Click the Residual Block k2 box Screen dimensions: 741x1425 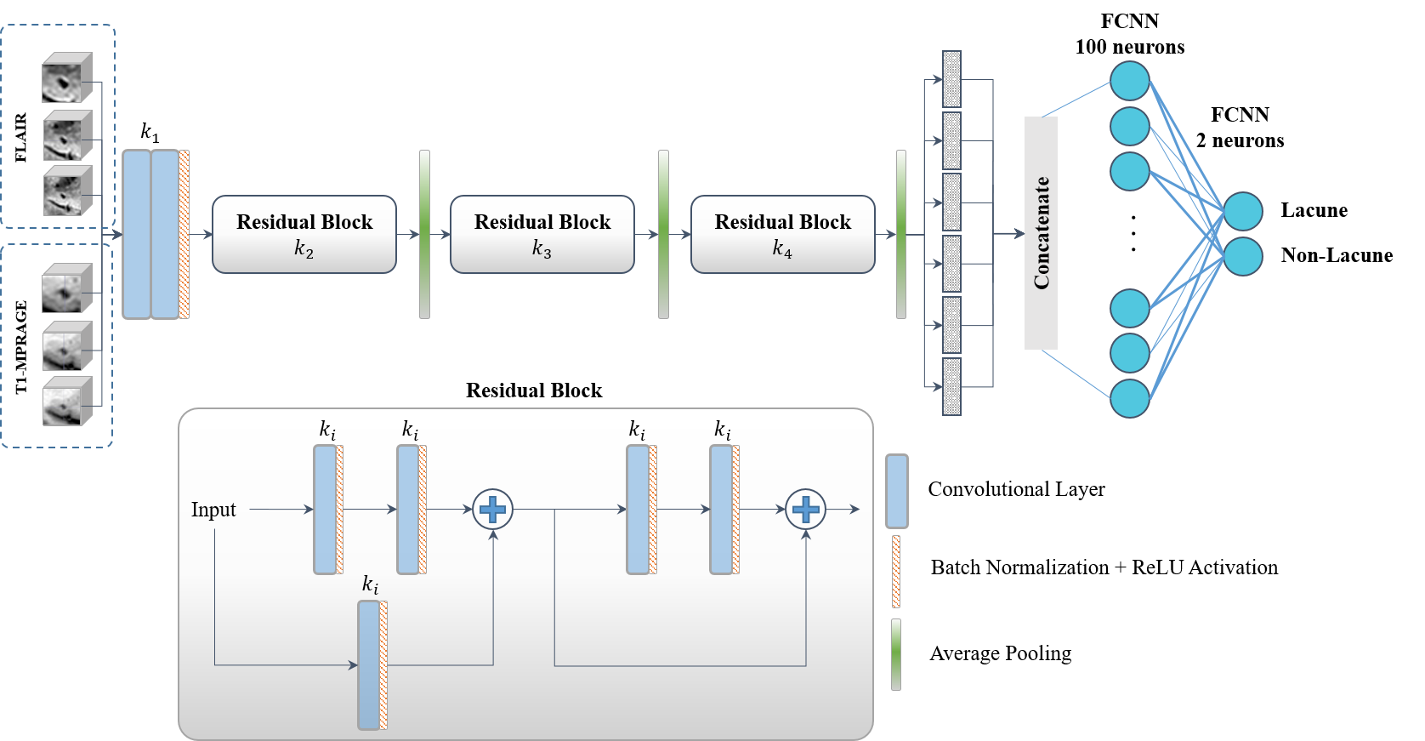304,234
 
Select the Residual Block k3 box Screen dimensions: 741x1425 542,234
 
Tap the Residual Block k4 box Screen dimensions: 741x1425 782,234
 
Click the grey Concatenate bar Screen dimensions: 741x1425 1041,233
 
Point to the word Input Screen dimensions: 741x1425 213,510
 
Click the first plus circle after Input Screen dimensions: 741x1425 492,510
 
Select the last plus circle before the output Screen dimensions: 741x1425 805,510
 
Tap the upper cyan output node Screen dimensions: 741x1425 1243,212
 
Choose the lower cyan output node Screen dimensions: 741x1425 1243,256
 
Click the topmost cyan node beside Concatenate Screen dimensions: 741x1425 1130,82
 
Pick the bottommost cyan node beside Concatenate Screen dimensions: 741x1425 1130,398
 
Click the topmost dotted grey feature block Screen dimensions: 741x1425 951,79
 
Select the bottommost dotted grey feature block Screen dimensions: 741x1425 951,387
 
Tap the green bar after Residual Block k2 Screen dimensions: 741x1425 424,234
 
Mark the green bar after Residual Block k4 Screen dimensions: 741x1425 901,234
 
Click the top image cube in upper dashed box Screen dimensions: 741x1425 66,78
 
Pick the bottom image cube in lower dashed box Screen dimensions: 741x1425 66,402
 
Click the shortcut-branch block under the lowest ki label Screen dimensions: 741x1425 370,665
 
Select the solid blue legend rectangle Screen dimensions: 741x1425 896,491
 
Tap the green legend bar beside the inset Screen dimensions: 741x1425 896,654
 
